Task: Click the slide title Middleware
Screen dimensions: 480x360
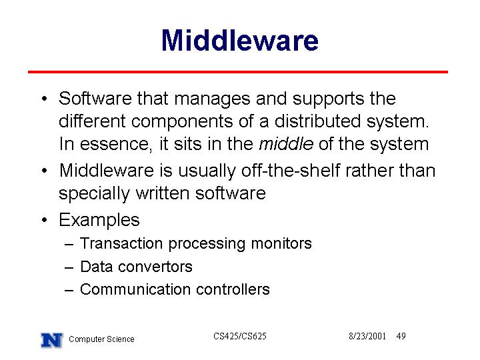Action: coord(240,40)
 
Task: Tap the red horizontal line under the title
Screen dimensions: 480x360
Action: coord(238,72)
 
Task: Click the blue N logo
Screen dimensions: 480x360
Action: coord(52,340)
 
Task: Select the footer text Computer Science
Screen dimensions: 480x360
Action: coord(101,339)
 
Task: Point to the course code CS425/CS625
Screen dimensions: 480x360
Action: coord(240,336)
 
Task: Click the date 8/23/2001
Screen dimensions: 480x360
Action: coord(367,336)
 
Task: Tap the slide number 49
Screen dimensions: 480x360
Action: coord(401,336)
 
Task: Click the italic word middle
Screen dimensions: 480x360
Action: coord(286,143)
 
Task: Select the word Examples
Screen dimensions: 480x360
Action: coord(99,220)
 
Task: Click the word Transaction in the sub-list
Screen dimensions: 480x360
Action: coord(121,243)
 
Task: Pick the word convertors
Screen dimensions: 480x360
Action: coord(155,267)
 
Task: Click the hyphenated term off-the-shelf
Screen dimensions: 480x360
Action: coord(291,170)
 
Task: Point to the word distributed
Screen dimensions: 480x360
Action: coord(318,121)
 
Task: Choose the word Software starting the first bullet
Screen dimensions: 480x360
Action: coord(95,99)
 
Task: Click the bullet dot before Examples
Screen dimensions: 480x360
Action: coord(45,220)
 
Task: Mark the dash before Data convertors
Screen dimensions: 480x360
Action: coord(69,267)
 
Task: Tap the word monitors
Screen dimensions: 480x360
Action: coord(281,243)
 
